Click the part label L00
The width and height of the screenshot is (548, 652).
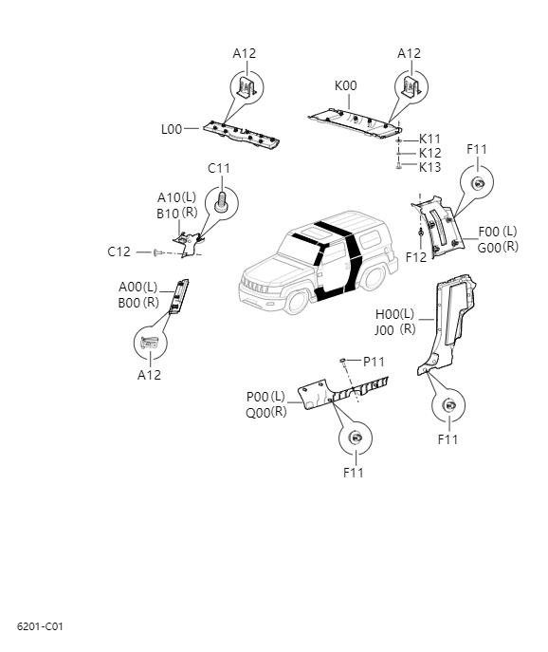point(171,128)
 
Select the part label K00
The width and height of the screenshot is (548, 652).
point(346,85)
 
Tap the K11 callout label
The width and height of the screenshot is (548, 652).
point(430,139)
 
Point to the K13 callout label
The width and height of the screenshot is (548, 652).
point(430,167)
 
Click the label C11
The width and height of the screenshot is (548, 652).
point(219,168)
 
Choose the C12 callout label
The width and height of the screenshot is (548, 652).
point(119,251)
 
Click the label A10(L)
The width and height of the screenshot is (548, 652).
point(176,197)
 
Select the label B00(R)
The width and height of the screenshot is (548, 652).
point(138,303)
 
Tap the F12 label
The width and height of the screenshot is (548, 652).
point(416,257)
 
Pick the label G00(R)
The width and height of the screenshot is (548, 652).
point(498,248)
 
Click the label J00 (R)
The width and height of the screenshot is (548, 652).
point(395,329)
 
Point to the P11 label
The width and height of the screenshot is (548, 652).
point(374,362)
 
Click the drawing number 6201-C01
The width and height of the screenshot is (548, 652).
point(40,627)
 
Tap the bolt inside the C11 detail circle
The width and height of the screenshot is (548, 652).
point(222,202)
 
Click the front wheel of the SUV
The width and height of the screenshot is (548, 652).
point(295,301)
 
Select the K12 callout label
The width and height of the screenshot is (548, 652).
point(430,153)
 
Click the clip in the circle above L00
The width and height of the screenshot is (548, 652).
point(245,88)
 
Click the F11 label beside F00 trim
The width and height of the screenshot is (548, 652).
point(477,150)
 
